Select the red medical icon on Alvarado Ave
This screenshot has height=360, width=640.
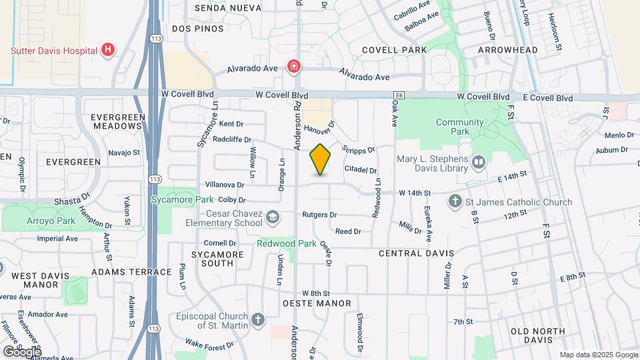pyautogui.click(x=293, y=66)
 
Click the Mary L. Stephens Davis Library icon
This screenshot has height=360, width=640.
pyautogui.click(x=478, y=163)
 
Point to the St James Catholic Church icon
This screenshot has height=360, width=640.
pyautogui.click(x=455, y=201)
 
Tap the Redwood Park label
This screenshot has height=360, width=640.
pyautogui.click(x=287, y=243)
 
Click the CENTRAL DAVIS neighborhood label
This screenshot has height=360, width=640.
pyautogui.click(x=416, y=253)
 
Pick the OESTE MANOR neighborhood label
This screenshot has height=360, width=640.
pyautogui.click(x=317, y=304)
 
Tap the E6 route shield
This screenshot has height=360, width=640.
pyautogui.click(x=399, y=96)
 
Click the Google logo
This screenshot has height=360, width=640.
pyautogui.click(x=21, y=351)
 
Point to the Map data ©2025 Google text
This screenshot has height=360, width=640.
pyautogui.click(x=598, y=355)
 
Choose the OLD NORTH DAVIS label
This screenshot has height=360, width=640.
pyautogui.click(x=537, y=335)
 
